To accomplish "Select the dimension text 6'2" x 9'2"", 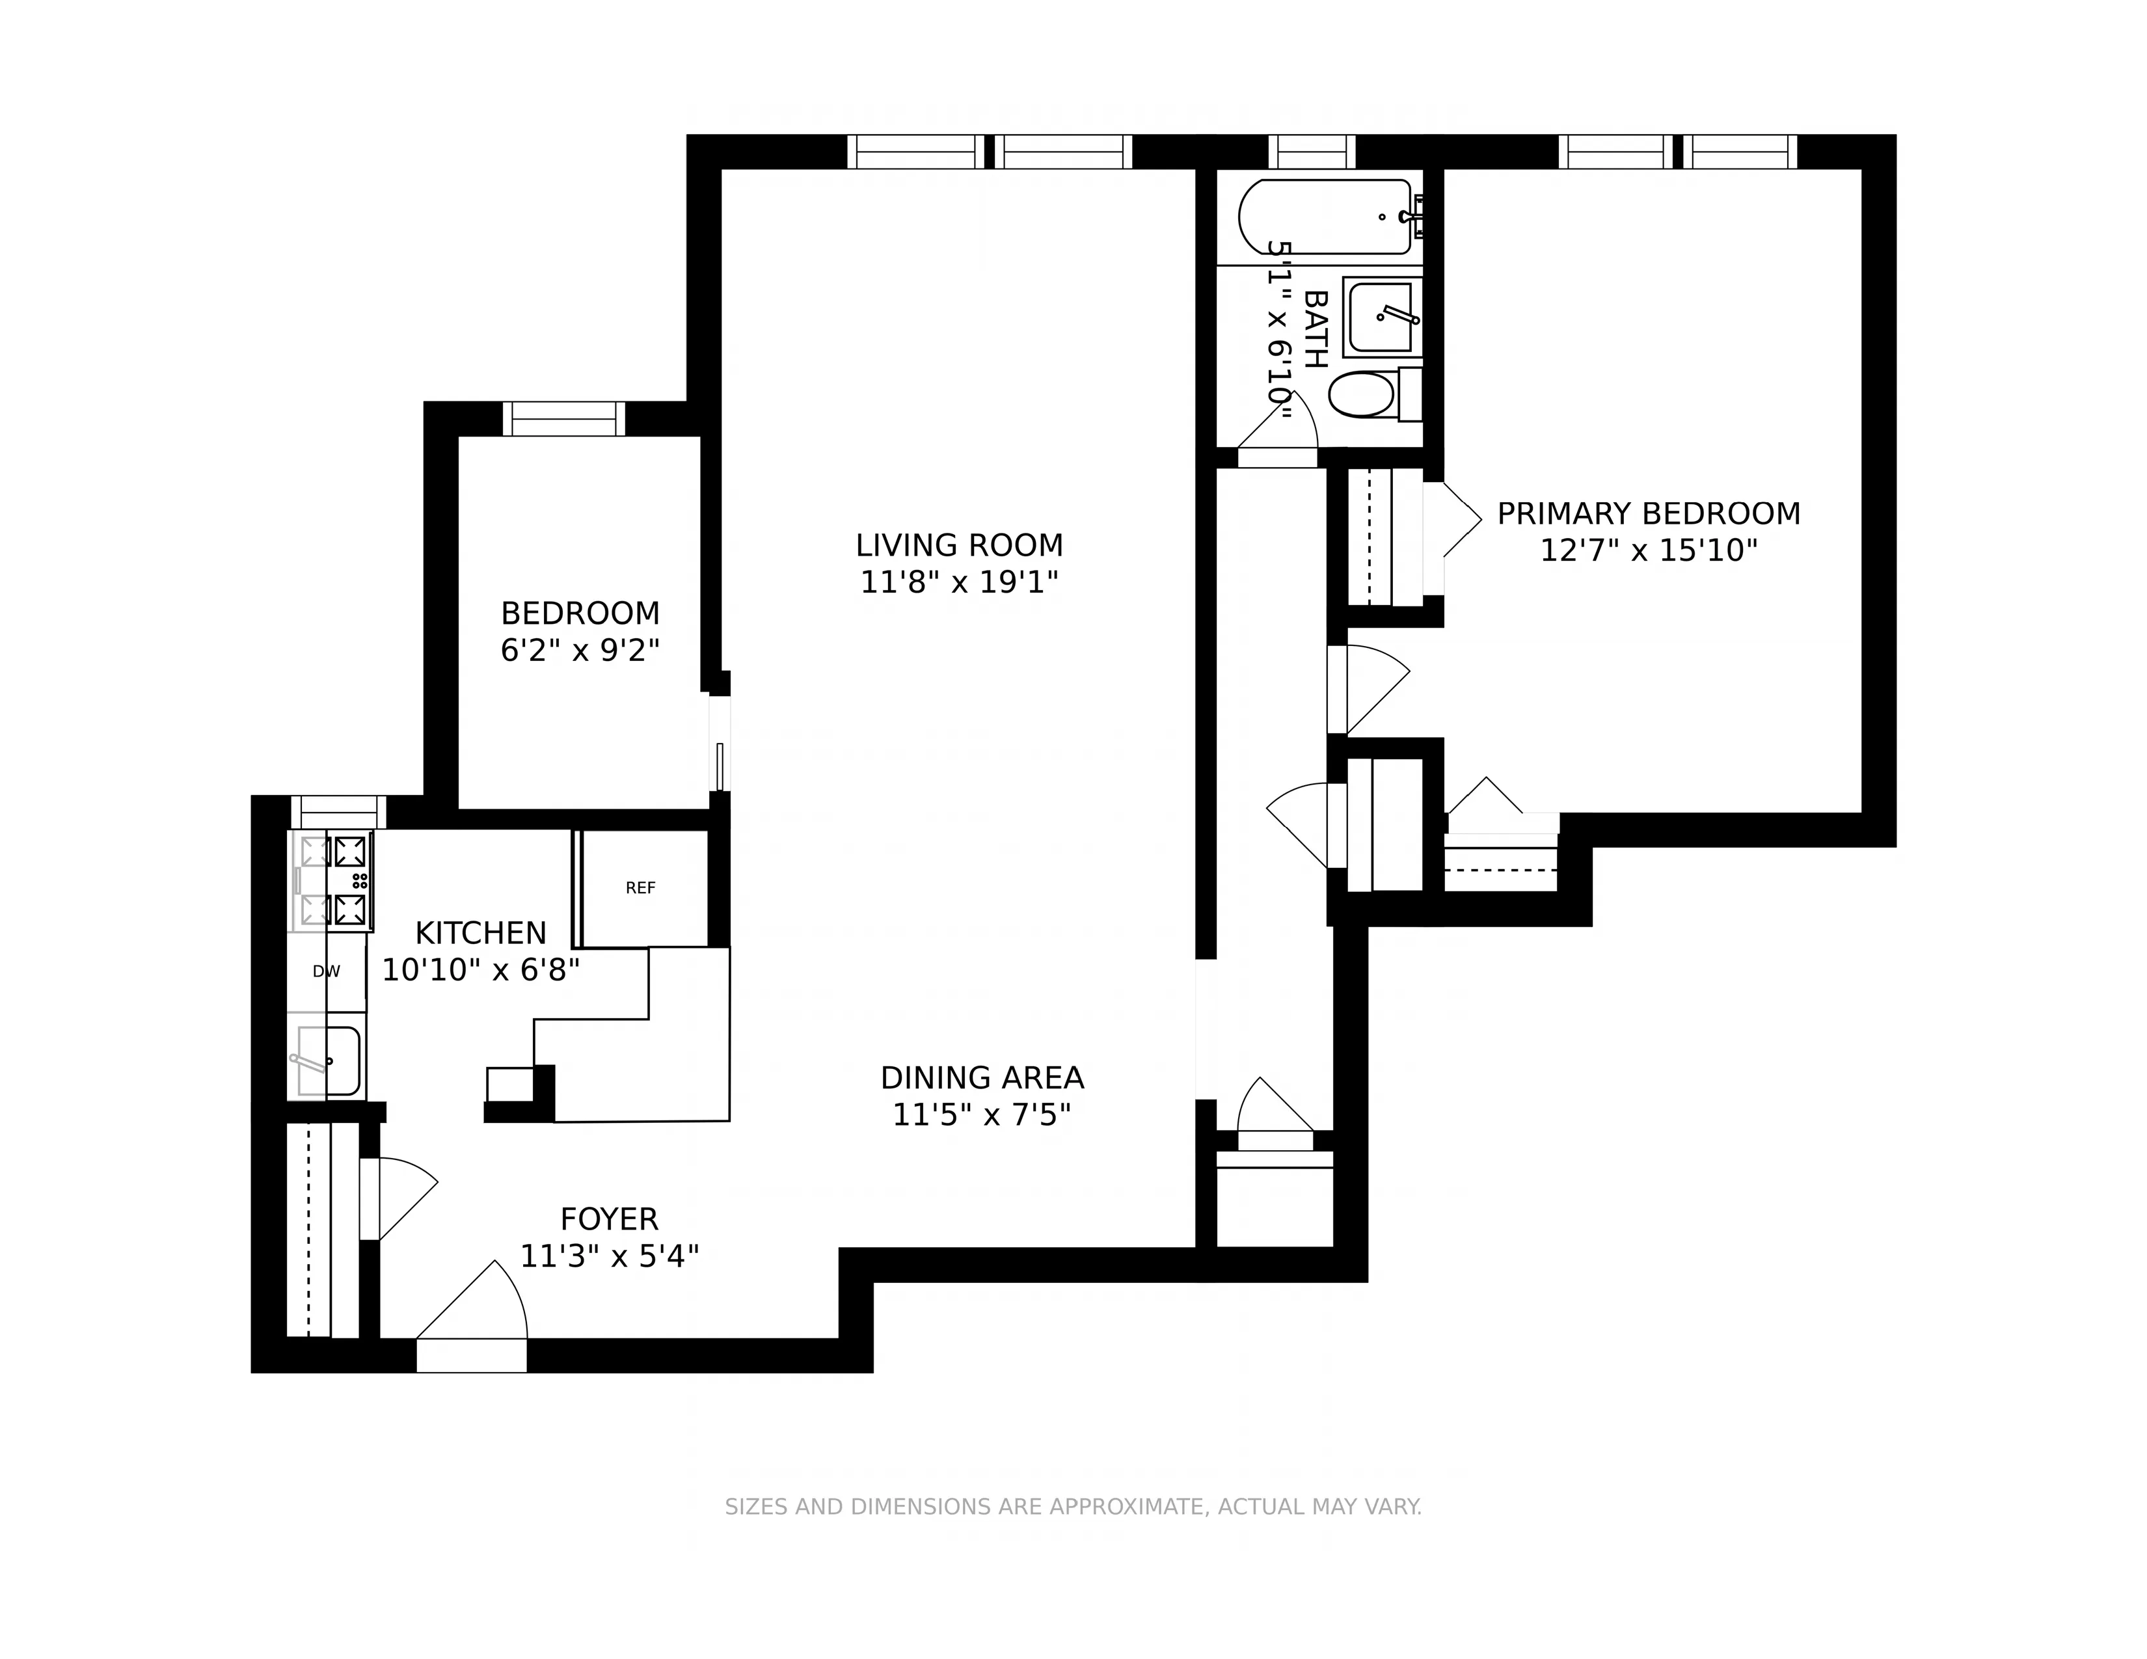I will point(580,651).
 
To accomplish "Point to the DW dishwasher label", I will point(327,972).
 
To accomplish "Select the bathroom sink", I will point(1381,316).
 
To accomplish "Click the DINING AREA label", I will point(981,1078).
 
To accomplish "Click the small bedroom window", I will point(564,420).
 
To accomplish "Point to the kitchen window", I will point(339,813).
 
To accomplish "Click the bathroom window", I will point(1312,152).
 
